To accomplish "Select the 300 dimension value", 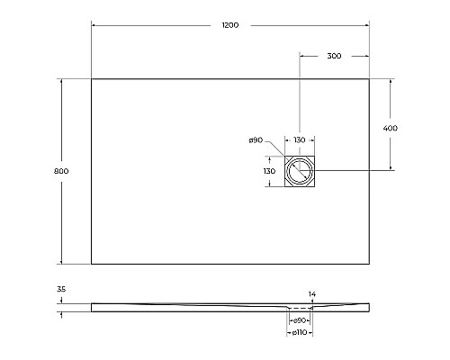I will [334, 56].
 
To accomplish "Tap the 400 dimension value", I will [390, 128].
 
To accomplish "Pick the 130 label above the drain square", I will [299, 140].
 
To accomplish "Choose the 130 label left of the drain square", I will [268, 171].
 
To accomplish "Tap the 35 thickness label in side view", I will [61, 289].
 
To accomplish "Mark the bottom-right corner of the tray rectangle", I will [369, 264].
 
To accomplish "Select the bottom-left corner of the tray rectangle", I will [92, 264].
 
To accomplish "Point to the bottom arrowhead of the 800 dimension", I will [61, 262].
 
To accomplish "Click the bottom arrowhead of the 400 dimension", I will [390, 169].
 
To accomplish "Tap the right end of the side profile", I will [368, 308].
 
